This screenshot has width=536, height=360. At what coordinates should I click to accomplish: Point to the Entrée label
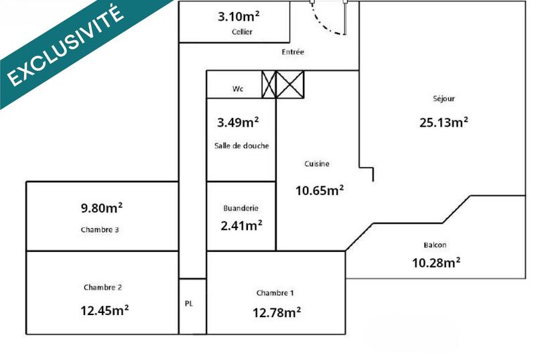click(293, 52)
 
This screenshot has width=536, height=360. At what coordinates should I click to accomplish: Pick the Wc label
click(237, 88)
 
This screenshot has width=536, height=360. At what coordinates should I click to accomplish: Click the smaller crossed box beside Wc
click(268, 84)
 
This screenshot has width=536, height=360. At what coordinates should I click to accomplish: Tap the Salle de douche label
click(241, 146)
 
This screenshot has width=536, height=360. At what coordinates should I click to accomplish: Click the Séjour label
click(444, 99)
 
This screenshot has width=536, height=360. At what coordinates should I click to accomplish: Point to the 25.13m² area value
click(443, 122)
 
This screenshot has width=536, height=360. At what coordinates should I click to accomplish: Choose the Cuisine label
click(317, 164)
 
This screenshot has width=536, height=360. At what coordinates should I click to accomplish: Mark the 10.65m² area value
click(319, 190)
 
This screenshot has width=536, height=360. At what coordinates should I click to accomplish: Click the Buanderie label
click(241, 208)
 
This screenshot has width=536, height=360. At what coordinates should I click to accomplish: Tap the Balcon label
click(435, 245)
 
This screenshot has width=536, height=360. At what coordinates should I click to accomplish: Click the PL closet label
click(189, 304)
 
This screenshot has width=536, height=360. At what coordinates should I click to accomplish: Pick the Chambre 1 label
click(275, 293)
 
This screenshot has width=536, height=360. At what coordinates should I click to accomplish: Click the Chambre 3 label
click(100, 229)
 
